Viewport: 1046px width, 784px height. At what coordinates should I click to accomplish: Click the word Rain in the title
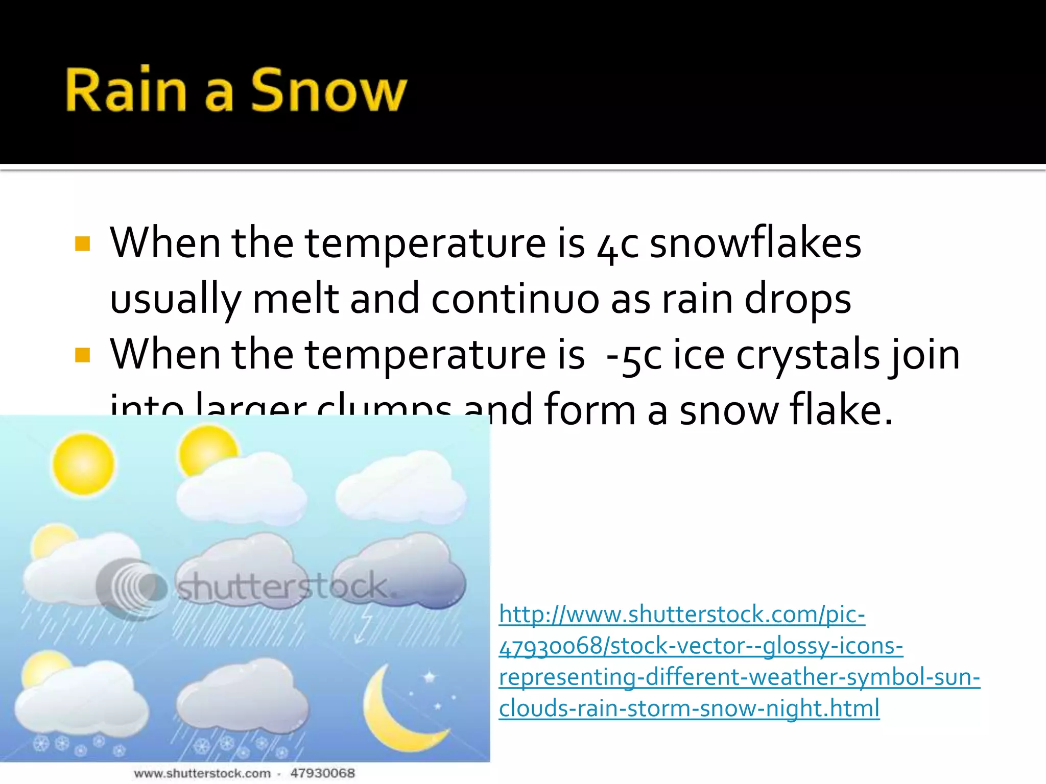coord(126,90)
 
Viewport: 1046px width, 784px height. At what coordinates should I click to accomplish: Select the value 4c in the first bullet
coord(617,245)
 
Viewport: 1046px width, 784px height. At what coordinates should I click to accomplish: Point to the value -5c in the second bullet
coord(633,355)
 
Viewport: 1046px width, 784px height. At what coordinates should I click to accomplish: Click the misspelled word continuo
coord(515,299)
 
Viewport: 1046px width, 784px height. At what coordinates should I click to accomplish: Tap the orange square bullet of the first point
coord(82,243)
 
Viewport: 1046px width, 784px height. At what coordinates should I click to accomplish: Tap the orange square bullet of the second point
coord(82,355)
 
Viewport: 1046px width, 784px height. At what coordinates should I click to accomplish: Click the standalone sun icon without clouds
coord(83,463)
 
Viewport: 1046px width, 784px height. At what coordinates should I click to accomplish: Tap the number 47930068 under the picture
coord(322,773)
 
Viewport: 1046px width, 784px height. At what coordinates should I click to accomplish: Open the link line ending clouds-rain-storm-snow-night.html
coord(689,708)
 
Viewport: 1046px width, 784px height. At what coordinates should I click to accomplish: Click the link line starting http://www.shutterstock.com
coord(682,614)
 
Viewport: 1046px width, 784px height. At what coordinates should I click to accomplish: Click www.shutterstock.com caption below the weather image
coord(202,773)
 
